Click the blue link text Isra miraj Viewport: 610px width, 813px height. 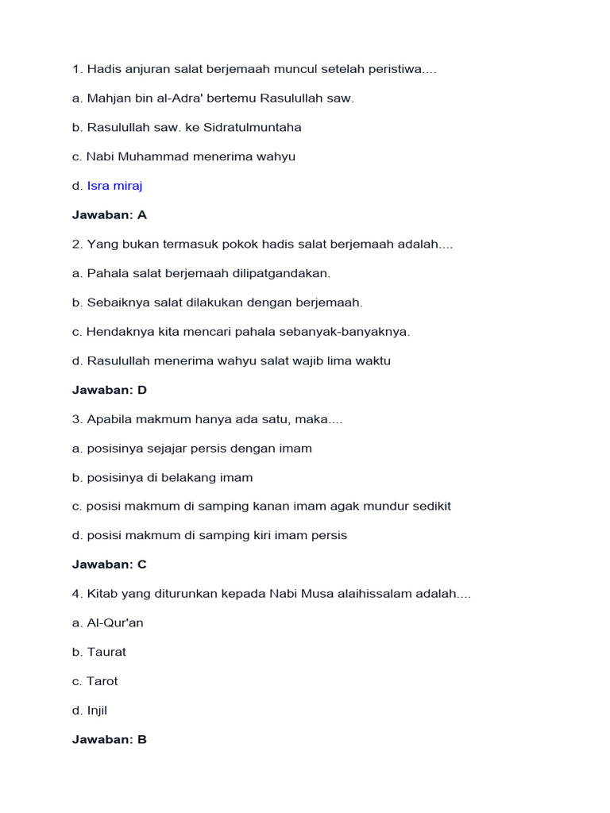[114, 186]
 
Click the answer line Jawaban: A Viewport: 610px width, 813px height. [109, 215]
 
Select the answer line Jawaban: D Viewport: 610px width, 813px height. [109, 390]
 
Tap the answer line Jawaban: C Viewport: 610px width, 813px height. [109, 564]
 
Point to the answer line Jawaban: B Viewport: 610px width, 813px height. [109, 739]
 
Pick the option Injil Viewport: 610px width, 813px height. [97, 711]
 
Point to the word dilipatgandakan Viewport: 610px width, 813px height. [283, 273]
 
